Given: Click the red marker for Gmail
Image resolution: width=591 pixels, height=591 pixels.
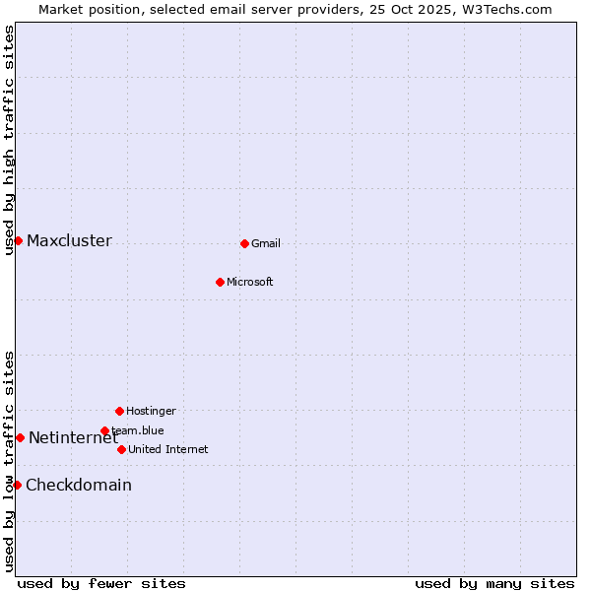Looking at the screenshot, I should [244, 243].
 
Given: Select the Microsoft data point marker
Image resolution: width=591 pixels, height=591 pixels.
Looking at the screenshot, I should [220, 282].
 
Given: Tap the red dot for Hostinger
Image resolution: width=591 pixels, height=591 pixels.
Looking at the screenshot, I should [119, 411].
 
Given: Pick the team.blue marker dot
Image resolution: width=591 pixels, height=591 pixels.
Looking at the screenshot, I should [104, 430].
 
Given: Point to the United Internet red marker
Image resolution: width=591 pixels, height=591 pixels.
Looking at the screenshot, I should [121, 449].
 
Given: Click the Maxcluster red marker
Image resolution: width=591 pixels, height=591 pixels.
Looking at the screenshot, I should [18, 240].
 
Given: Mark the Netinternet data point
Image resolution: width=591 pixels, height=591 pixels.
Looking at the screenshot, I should [20, 437].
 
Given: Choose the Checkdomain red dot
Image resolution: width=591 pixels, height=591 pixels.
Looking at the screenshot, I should [17, 485].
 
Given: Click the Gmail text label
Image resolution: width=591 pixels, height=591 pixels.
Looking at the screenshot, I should [266, 243].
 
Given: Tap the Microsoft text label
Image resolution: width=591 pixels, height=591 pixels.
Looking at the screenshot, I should [250, 282].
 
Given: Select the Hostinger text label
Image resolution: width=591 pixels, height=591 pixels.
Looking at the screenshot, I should [151, 411].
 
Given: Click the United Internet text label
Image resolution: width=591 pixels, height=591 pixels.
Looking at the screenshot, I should [168, 449].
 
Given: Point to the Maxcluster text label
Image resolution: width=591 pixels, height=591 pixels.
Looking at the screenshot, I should [69, 241].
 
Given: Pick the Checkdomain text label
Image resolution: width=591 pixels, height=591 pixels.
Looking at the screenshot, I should [79, 485].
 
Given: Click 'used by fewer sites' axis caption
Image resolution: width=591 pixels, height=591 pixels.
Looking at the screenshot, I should [101, 583].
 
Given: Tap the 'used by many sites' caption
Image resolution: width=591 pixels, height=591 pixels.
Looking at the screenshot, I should [494, 583].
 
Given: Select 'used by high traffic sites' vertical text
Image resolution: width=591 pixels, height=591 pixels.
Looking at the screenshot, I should [9, 140].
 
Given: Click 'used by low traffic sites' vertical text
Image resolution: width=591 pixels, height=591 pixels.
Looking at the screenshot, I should [9, 461].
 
